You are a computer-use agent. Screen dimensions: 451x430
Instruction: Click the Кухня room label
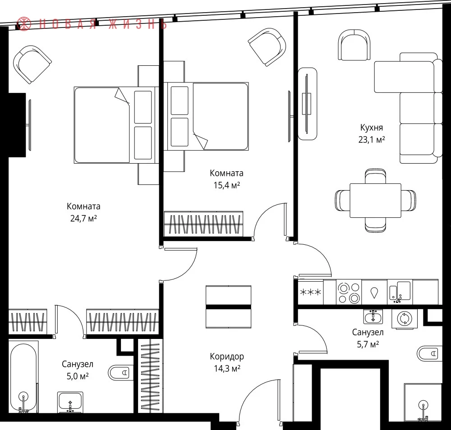pos(372,128)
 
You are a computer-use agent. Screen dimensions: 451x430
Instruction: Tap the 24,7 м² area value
pos(83,219)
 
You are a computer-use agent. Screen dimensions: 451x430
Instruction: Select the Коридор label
pos(227,357)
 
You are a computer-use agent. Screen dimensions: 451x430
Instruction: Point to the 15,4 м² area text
pos(227,185)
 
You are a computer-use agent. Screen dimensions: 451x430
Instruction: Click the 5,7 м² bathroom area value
pos(368,344)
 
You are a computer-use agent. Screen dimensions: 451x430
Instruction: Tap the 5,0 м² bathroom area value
pos(78,376)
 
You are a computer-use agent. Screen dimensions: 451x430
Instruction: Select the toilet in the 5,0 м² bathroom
pos(121,373)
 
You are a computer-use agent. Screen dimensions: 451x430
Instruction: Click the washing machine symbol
pos(405,319)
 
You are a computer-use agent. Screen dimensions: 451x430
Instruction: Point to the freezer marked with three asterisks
pos(311,292)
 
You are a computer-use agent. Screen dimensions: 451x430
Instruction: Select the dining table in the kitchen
pos(375,200)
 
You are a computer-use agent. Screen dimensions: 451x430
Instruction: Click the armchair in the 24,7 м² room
pos(32,64)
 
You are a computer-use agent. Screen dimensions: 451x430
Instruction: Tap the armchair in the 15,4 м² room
pos(267,47)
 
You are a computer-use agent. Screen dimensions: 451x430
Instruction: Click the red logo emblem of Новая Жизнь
pos(24,24)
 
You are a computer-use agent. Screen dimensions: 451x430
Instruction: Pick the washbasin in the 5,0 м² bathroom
pos(70,402)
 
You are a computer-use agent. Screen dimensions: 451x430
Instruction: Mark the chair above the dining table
pos(375,176)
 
